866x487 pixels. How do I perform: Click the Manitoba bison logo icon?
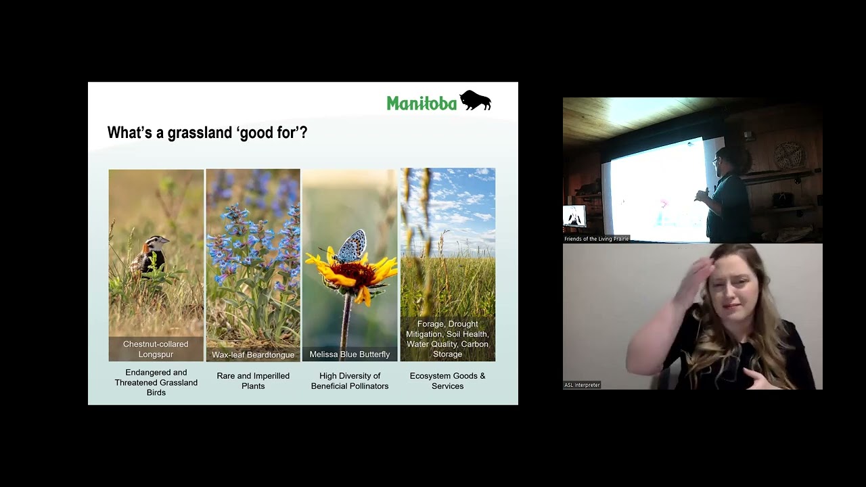[x=475, y=101]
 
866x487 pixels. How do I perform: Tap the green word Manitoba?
[x=421, y=103]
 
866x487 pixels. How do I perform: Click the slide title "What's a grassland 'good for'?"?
[x=207, y=133]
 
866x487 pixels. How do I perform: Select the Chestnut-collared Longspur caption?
[x=156, y=349]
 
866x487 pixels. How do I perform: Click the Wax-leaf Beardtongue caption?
[x=253, y=354]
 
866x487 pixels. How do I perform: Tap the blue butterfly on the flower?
[x=351, y=246]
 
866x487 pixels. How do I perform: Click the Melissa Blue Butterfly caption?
[x=350, y=354]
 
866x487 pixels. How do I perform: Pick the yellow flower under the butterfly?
[x=352, y=274]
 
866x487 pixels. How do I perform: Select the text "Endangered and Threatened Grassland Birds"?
[x=156, y=382]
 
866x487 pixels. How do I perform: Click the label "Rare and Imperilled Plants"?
[x=253, y=381]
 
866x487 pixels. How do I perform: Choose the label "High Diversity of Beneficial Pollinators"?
[x=350, y=381]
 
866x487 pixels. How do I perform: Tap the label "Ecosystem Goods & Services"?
[x=447, y=381]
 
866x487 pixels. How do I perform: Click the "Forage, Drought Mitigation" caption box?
[x=447, y=339]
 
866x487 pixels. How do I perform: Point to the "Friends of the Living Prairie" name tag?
[x=596, y=239]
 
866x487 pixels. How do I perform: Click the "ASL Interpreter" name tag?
[x=582, y=385]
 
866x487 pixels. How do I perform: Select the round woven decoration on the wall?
[x=789, y=155]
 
